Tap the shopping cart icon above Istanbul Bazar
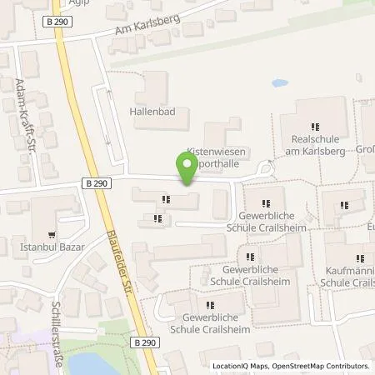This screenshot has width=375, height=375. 54,235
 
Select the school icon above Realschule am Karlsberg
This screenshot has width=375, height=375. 315,125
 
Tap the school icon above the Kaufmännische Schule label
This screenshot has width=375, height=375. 358,259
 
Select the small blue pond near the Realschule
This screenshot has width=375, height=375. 279,84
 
